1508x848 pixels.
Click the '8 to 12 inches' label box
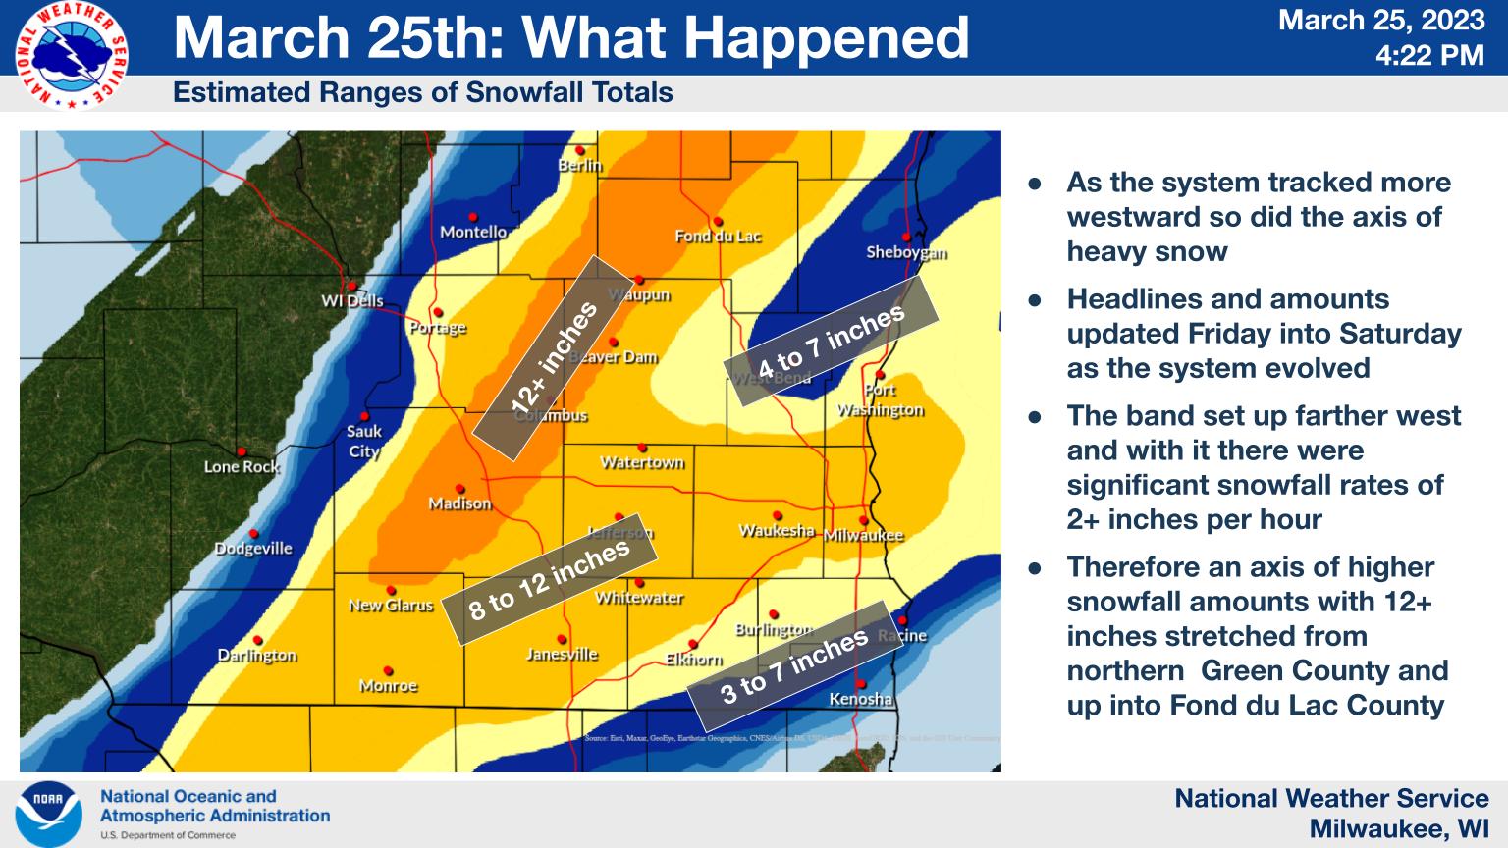click(x=549, y=580)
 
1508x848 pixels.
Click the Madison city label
click(x=459, y=503)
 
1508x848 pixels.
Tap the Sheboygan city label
click(x=906, y=252)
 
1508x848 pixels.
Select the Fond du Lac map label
click(x=718, y=236)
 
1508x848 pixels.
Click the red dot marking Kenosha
click(x=861, y=684)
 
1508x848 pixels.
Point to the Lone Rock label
click(x=242, y=466)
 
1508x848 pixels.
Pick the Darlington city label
click(x=257, y=655)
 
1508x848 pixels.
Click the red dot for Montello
click(x=473, y=217)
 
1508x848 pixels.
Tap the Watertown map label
click(x=642, y=461)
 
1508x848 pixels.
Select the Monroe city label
click(x=389, y=685)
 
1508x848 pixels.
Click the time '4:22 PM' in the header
click(x=1429, y=55)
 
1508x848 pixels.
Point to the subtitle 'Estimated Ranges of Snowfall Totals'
click(x=423, y=93)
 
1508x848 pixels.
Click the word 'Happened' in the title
click(x=826, y=37)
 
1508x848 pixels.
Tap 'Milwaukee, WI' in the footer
click(x=1399, y=829)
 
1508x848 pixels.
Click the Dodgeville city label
click(x=253, y=548)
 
